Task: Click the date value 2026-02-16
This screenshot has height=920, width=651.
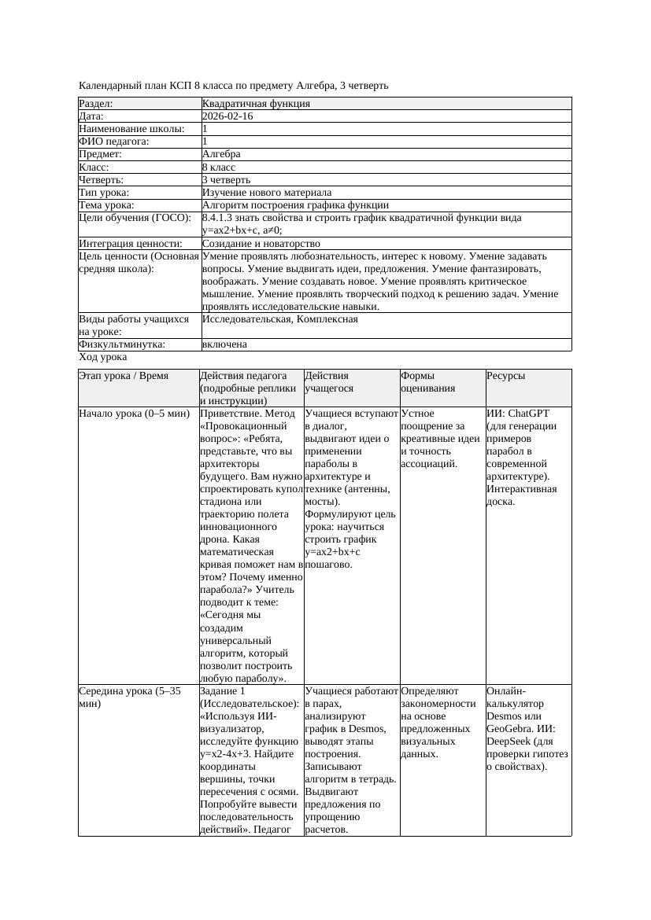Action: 227,116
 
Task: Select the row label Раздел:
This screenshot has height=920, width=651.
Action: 96,104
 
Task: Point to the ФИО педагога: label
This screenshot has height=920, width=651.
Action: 114,142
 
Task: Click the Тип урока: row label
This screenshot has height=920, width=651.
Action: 105,193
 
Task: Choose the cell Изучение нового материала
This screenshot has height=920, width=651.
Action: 267,193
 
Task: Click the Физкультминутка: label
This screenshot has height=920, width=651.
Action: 122,344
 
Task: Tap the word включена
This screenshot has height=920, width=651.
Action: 224,344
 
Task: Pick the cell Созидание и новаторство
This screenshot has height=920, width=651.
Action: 261,244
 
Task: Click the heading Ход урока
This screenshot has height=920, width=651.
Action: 102,357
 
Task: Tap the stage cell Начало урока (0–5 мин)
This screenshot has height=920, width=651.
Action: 135,413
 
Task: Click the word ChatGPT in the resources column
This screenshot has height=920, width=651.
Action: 529,413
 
